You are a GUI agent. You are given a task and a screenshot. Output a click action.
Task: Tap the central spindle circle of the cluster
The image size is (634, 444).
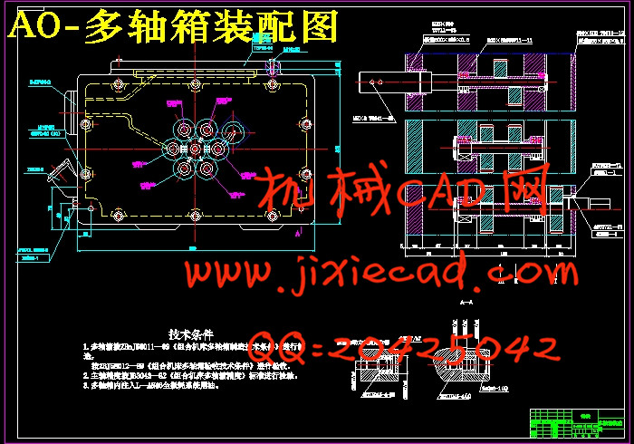click(x=196, y=148)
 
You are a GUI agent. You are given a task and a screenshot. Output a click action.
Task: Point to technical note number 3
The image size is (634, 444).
click(x=163, y=385)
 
